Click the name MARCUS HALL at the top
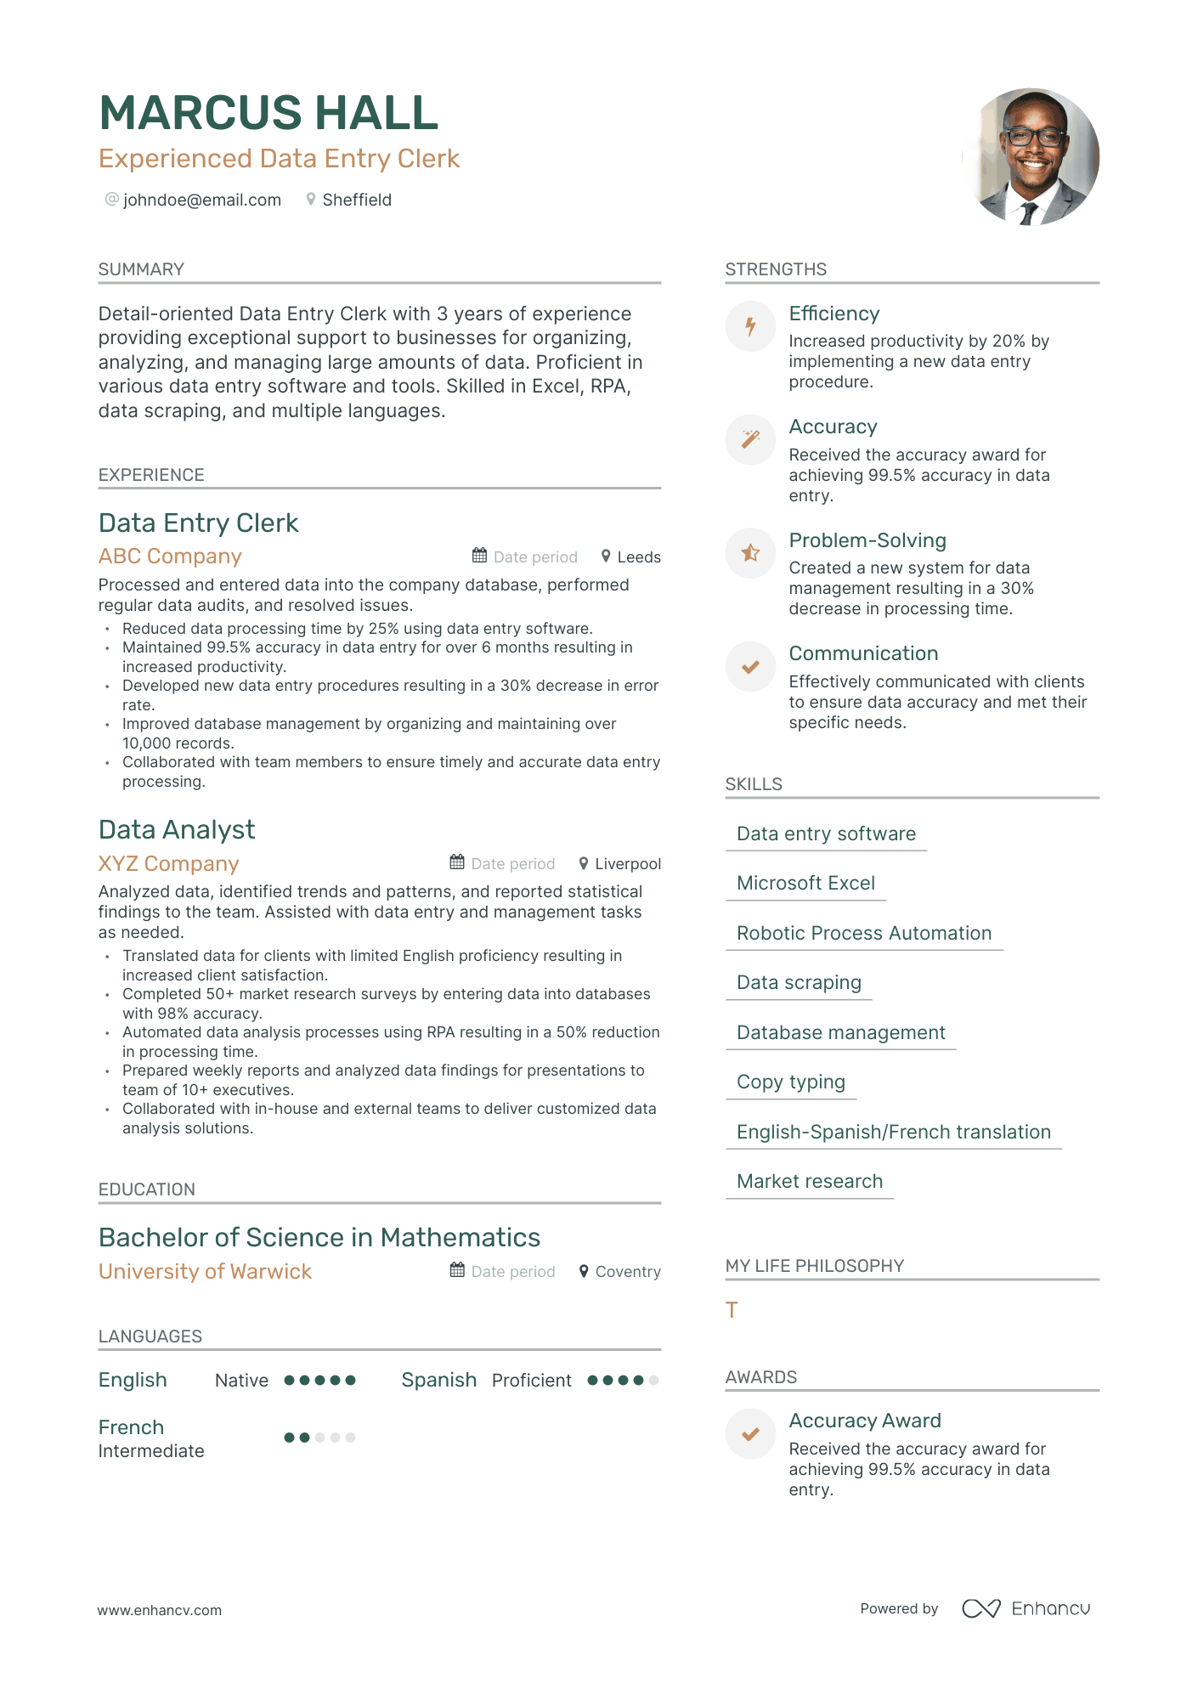pos(268,113)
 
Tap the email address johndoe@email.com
pos(202,200)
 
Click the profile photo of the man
pos(1031,157)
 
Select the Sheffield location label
pos(357,200)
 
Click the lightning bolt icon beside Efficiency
pos(750,326)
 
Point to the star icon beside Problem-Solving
pos(750,553)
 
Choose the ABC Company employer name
pos(170,557)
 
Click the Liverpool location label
pos(628,864)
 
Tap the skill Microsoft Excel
pos(805,884)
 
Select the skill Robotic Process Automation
pos(864,933)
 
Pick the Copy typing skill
pos(791,1082)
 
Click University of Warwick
pos(205,1272)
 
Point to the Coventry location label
pos(628,1272)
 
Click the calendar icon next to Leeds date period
pos(480,556)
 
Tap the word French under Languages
pos(131,1427)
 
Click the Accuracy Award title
pos(865,1421)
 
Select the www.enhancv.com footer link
pos(160,1610)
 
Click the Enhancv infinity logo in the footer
pos(980,1608)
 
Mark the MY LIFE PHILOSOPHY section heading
pos(815,1266)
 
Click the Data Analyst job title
pos(177,830)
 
